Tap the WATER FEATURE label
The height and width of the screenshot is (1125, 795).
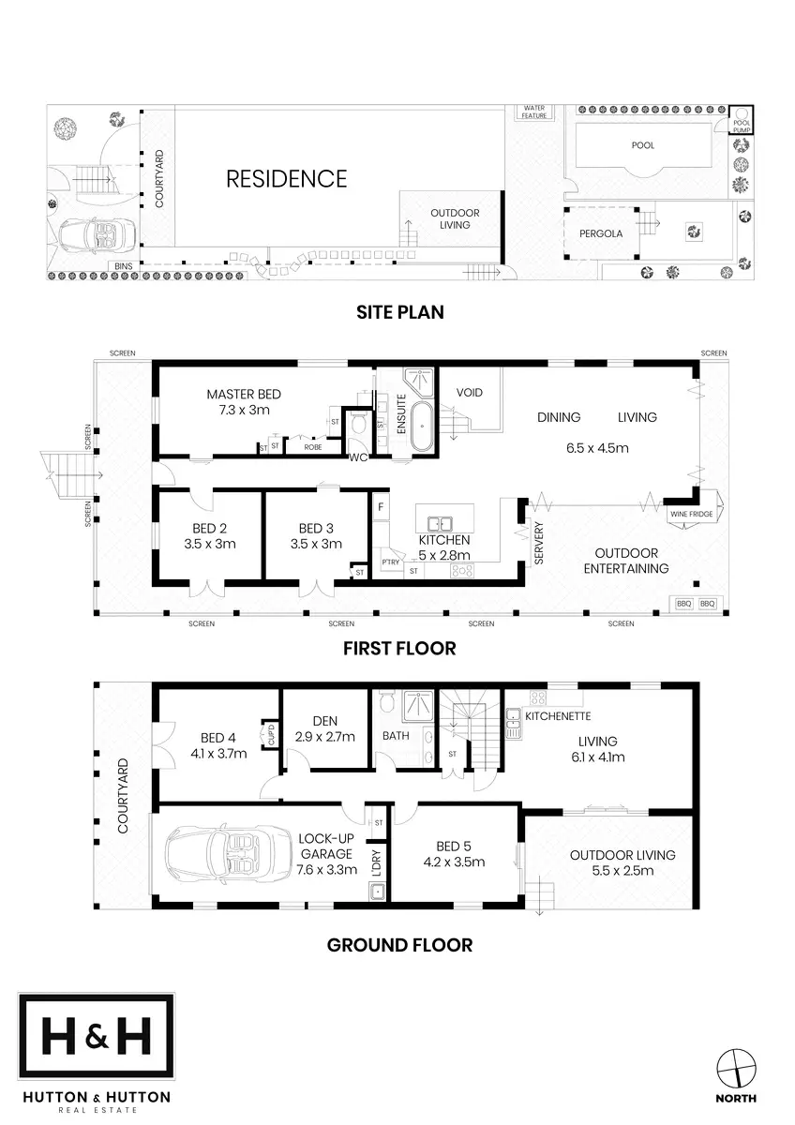[533, 112]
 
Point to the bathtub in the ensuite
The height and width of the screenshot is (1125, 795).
[424, 433]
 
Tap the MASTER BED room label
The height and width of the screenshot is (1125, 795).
[244, 395]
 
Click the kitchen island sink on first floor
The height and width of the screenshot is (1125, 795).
[441, 523]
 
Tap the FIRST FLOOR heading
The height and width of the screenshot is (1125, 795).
[399, 648]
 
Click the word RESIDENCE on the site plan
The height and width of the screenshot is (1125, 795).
[287, 178]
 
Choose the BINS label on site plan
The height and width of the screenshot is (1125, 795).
[123, 266]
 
